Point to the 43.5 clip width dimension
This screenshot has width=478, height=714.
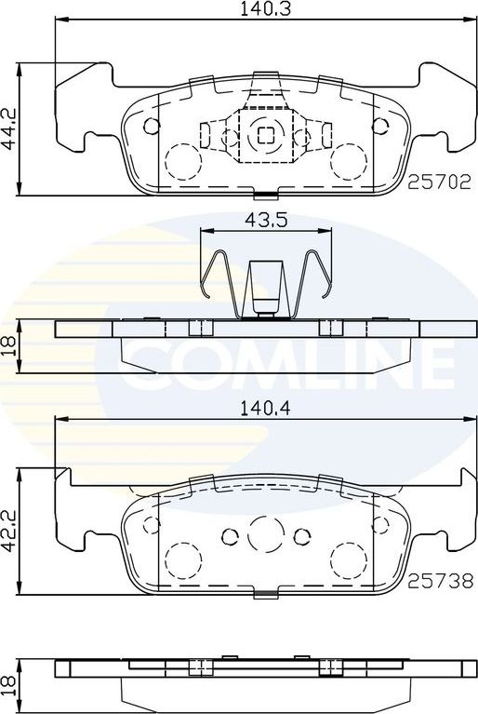tap(264, 220)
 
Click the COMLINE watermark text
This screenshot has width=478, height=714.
tap(289, 357)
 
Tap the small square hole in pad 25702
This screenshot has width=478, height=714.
tap(264, 132)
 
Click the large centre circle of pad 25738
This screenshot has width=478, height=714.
tap(264, 533)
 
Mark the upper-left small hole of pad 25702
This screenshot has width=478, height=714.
tap(153, 126)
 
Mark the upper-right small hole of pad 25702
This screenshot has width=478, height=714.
tap(378, 126)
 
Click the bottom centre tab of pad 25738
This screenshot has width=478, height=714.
tap(265, 593)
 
